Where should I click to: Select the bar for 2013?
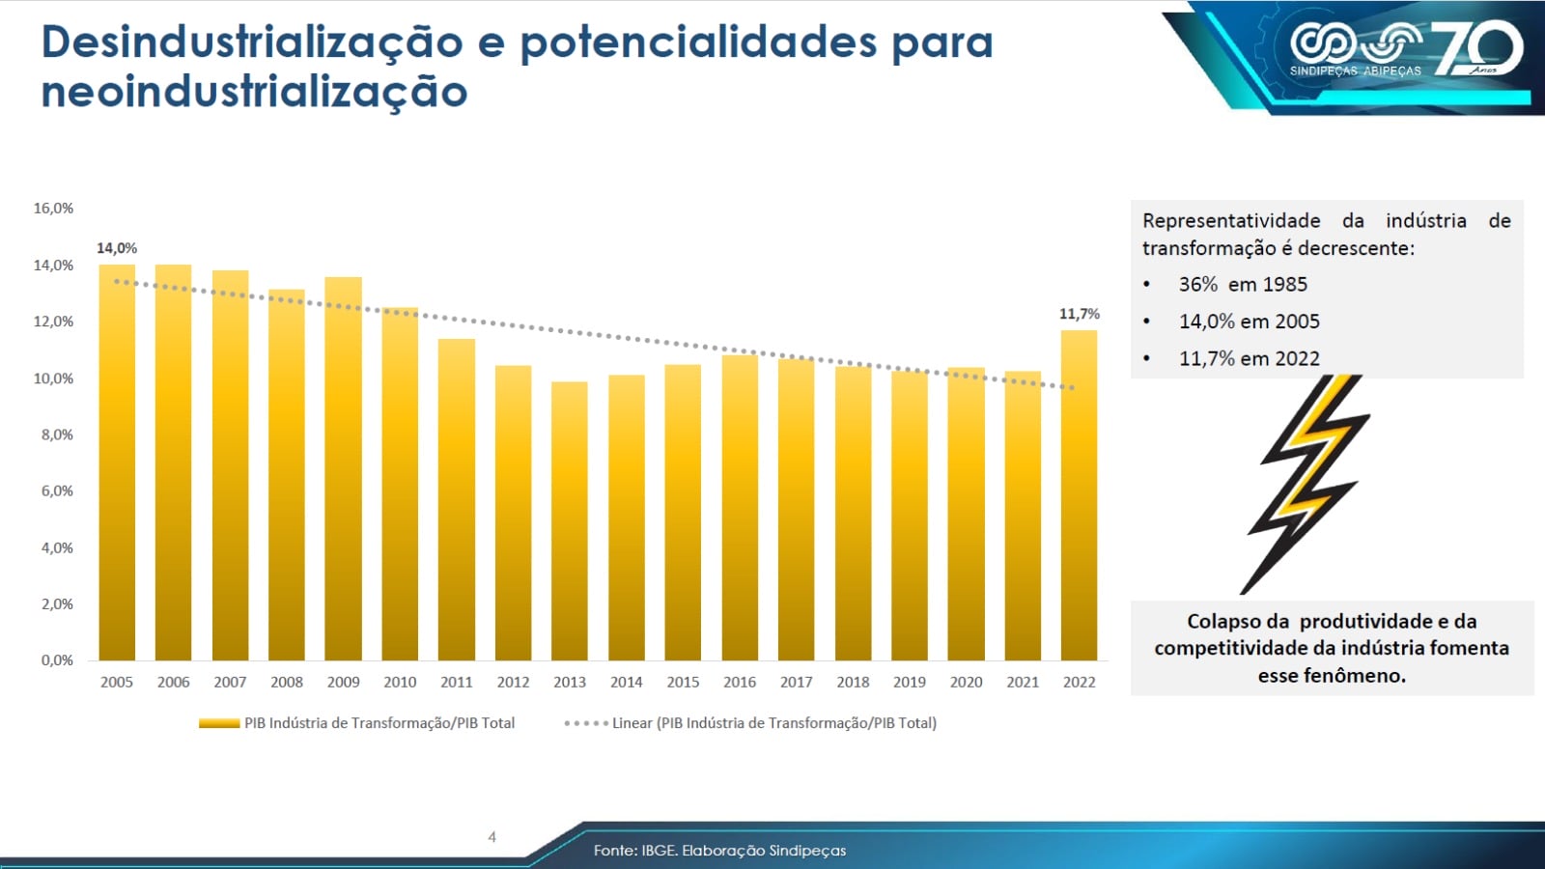[570, 521]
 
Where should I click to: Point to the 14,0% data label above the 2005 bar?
[117, 248]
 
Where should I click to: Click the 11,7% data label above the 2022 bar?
[1079, 314]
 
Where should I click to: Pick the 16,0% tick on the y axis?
[53, 209]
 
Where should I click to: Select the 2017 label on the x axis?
[796, 682]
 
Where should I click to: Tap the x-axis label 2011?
[456, 682]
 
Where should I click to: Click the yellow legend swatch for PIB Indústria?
[219, 723]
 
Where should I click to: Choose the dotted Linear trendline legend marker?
[586, 723]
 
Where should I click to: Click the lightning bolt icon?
[1308, 483]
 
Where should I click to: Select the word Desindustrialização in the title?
[252, 42]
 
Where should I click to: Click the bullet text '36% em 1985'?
[1243, 285]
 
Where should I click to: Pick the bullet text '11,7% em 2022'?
[1249, 358]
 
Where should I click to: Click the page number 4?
[492, 837]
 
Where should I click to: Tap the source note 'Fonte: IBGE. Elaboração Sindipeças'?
[719, 851]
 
